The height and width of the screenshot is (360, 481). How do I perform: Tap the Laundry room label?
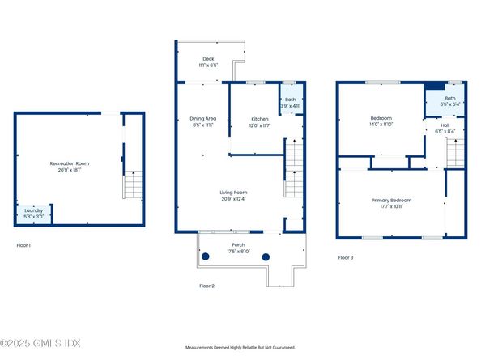(32, 213)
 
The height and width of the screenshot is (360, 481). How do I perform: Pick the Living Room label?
(232, 195)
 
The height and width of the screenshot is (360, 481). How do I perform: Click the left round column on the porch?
(206, 256)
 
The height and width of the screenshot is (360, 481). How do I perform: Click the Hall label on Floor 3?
(445, 128)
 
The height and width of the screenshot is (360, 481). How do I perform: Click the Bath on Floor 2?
(290, 103)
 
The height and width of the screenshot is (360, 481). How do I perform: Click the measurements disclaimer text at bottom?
(240, 347)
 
